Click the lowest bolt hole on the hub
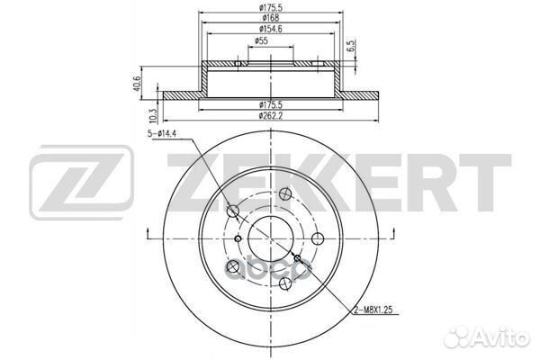point(284,283)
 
